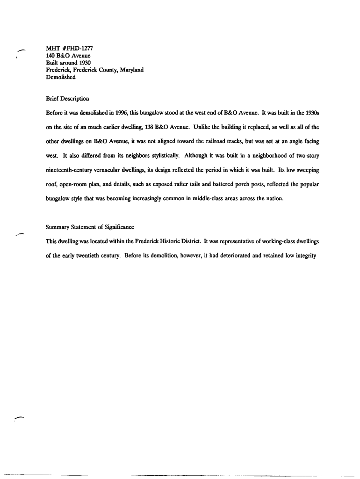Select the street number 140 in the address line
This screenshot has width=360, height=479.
click(50, 56)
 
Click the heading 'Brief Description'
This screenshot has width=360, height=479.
click(67, 99)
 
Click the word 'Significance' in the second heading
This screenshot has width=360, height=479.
click(118, 227)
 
